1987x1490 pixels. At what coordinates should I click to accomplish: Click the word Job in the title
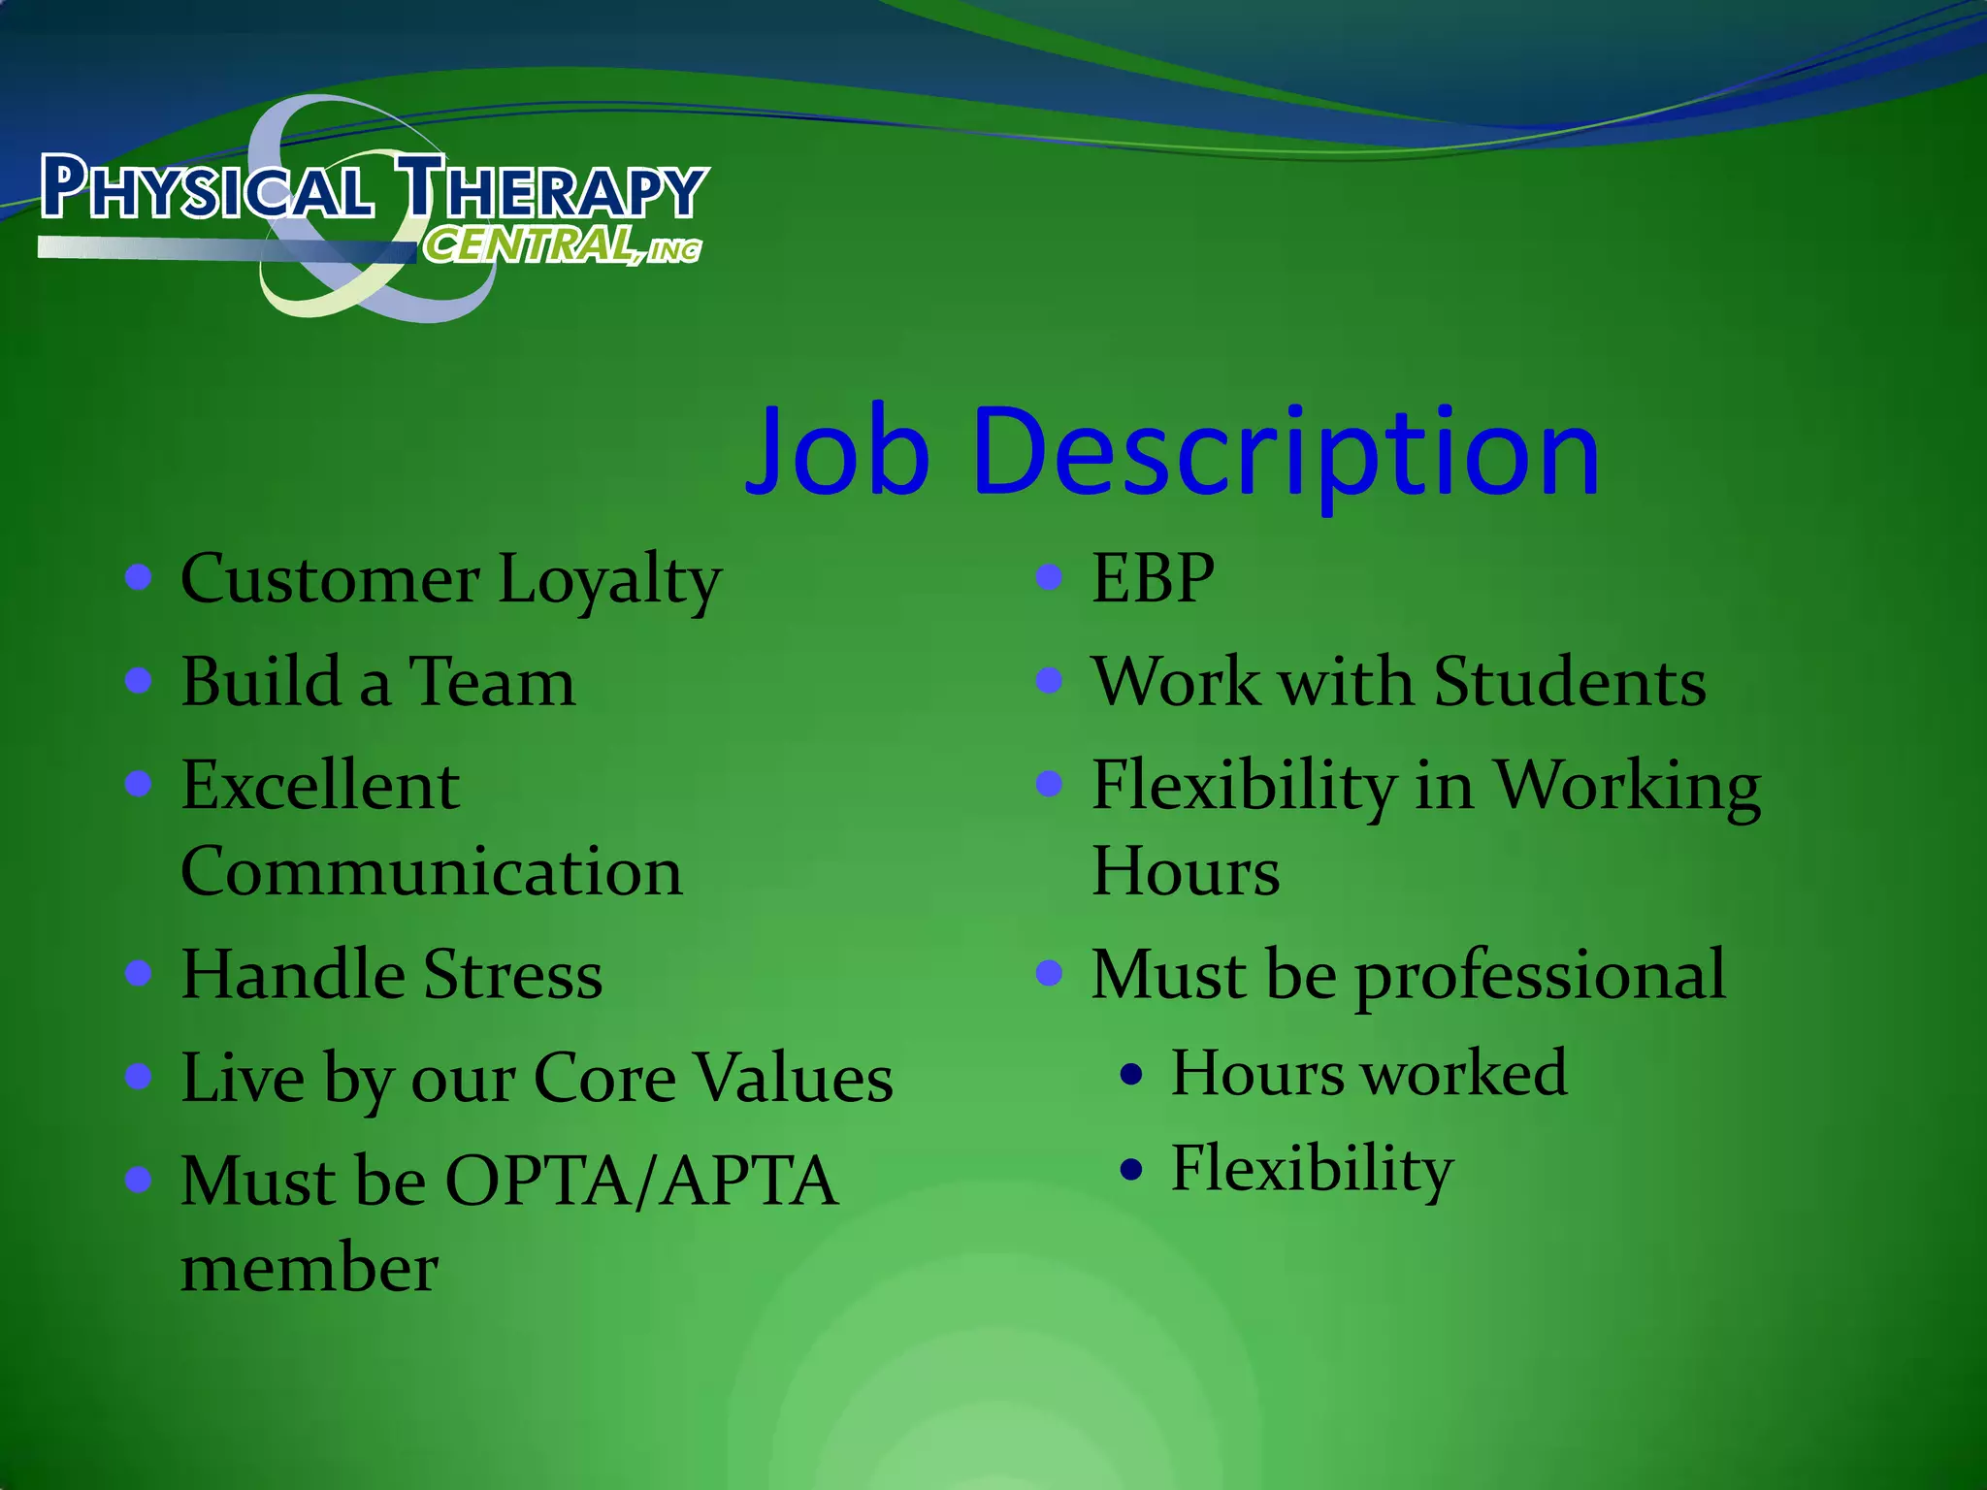838,452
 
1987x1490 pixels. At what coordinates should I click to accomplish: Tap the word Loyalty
609,580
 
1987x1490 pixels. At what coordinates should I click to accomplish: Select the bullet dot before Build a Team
139,680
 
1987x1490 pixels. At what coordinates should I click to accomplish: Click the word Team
492,682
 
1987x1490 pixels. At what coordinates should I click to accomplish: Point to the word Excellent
320,785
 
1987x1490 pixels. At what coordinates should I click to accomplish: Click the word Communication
432,871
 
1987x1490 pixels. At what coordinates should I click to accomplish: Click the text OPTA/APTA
640,1182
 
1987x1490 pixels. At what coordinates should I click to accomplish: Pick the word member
309,1268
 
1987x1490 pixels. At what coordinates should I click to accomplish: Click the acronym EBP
1153,578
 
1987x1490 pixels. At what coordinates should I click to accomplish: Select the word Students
1569,682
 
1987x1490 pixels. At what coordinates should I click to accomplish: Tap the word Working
1626,786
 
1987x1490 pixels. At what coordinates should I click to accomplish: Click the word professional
1540,976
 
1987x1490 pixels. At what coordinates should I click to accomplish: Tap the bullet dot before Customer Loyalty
139,577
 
